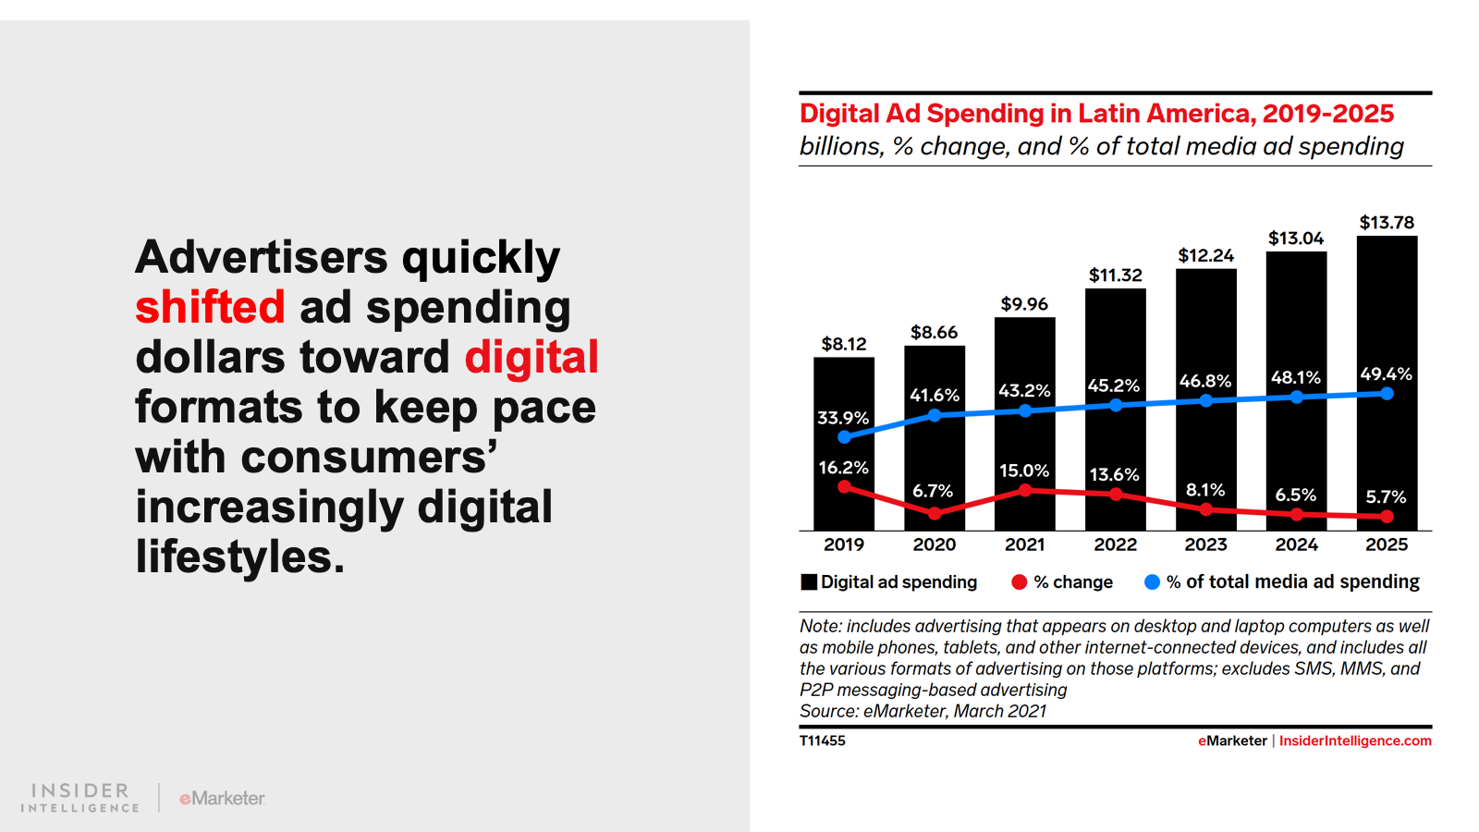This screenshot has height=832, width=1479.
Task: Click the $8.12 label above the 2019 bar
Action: tap(844, 344)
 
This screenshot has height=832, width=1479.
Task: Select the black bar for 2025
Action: tap(1387, 305)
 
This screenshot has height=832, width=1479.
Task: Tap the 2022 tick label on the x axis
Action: tap(1115, 544)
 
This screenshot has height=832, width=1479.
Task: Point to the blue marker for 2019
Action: tap(844, 437)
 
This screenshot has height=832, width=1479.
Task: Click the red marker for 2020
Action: tap(935, 513)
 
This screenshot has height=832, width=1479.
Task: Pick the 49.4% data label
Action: tap(1386, 374)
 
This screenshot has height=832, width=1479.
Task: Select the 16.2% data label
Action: tap(843, 468)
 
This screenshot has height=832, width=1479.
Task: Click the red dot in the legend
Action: tap(1020, 581)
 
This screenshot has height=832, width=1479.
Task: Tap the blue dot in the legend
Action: tap(1152, 581)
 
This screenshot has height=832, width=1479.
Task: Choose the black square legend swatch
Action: tap(809, 581)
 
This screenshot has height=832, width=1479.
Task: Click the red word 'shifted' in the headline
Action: tap(210, 307)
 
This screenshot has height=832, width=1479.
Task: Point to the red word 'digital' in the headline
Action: tap(532, 357)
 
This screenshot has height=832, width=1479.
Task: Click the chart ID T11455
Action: tap(822, 740)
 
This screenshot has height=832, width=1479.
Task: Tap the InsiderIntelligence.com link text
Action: tap(1355, 740)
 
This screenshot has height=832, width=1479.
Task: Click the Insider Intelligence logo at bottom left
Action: tap(80, 797)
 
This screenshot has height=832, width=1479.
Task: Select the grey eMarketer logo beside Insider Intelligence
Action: tap(222, 798)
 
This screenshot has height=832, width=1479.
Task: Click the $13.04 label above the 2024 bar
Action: tap(1296, 239)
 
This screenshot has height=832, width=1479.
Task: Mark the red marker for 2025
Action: tap(1387, 517)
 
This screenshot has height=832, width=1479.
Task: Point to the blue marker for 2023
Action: tap(1205, 400)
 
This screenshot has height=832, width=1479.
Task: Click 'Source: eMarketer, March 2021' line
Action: tap(923, 711)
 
